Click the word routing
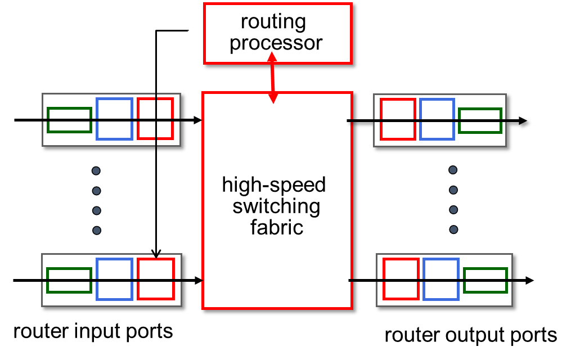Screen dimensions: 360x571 tap(273, 22)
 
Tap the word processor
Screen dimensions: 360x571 tap(276, 43)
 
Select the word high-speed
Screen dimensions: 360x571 tap(273, 185)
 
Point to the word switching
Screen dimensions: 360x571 tap(276, 206)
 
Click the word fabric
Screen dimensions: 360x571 tap(276, 227)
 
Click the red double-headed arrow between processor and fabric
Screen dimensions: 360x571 tap(273, 78)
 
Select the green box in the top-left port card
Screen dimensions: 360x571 tap(69, 120)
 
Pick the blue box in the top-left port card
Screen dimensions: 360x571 tap(114, 119)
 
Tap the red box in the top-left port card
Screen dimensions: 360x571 tap(155, 119)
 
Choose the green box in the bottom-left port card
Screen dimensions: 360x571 tap(69, 280)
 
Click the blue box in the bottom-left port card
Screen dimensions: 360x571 tap(114, 279)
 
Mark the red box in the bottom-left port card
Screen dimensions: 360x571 tap(156, 279)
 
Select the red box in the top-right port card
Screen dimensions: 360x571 tap(398, 119)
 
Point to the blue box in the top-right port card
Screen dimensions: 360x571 tap(437, 119)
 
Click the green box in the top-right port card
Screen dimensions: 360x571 tap(480, 121)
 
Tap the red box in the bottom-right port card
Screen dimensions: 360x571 tap(401, 279)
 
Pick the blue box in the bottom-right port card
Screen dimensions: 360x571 tap(440, 279)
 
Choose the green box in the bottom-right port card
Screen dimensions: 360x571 tap(485, 281)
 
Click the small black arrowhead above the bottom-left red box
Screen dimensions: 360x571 tap(156, 255)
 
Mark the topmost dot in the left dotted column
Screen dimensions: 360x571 tap(96, 170)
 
